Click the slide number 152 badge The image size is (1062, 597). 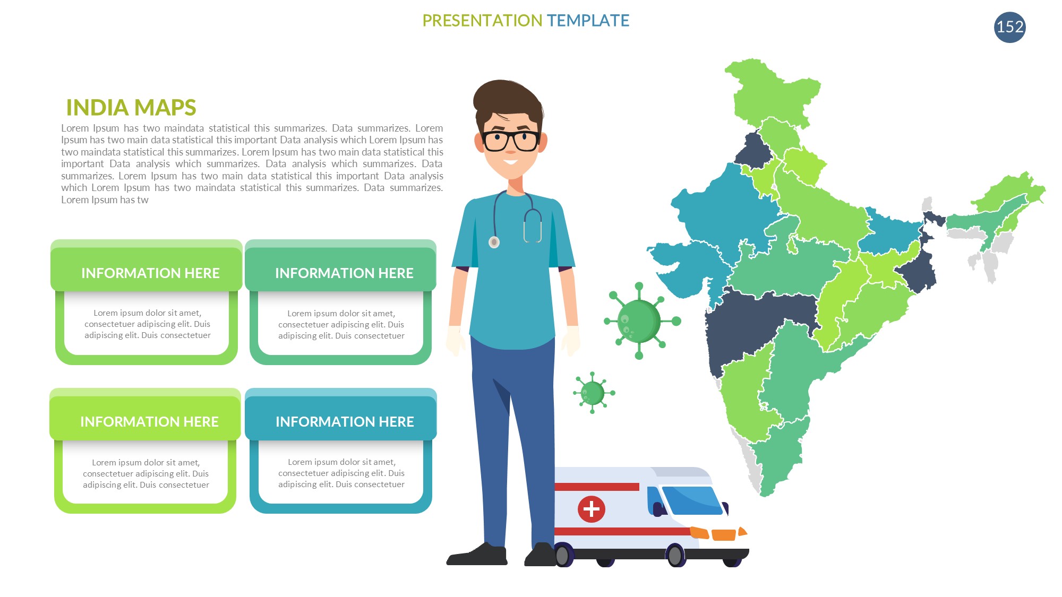pos(1009,27)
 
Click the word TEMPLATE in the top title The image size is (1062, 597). pos(588,21)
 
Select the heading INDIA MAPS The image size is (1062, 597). pos(131,107)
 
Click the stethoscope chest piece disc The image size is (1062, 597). pos(494,242)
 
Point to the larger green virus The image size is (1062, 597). pos(640,321)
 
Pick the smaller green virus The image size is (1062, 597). pos(593,393)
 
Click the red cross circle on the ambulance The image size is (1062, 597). pos(591,509)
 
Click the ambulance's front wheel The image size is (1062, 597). pos(675,556)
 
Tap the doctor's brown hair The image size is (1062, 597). pos(507,101)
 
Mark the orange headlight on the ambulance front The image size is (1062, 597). pos(723,534)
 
